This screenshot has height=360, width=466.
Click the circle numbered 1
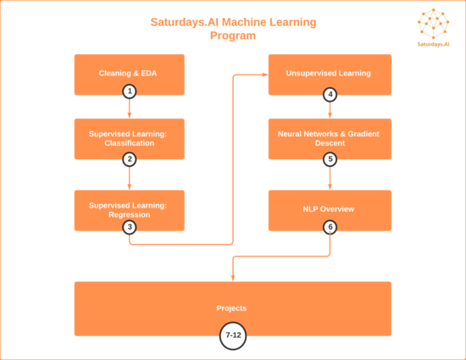130,91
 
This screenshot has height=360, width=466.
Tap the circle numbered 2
130,159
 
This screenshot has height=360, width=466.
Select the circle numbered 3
130,227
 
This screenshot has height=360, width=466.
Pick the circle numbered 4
330,95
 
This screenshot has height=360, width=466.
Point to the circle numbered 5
330,159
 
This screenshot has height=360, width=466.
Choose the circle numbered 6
330,227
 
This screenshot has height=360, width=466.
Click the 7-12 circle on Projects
233,335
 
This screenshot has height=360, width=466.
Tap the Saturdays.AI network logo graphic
433,24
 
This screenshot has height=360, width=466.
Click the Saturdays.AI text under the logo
433,44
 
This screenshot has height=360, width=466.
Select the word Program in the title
233,36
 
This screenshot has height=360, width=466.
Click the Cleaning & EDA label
128,73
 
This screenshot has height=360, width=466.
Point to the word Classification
130,143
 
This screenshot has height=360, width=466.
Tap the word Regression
130,215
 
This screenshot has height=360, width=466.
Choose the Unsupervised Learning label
329,73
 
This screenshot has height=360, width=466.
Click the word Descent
330,143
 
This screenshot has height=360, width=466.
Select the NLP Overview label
329,209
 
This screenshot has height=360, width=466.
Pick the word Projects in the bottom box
231,308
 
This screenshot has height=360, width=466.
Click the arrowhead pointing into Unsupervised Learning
265,75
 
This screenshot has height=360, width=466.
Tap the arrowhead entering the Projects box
233,278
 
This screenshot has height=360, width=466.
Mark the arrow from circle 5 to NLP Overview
330,178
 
